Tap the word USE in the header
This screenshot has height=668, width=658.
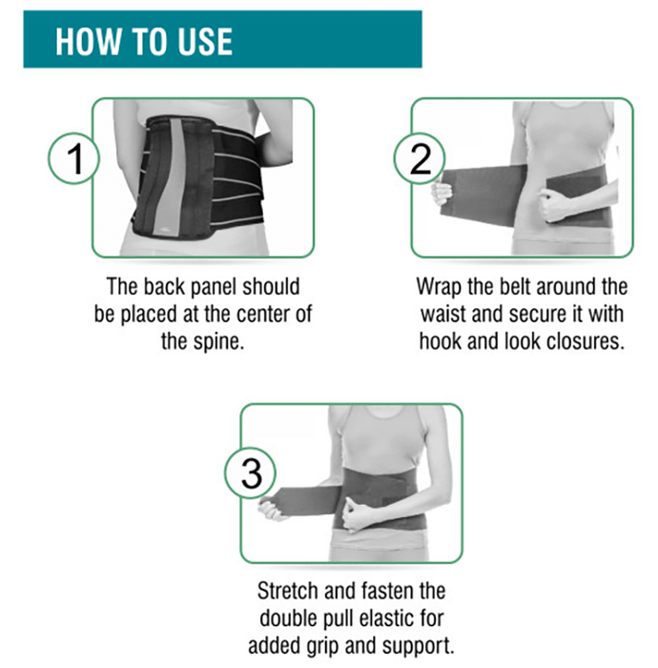click(205, 41)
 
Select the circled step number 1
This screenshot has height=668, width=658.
click(73, 158)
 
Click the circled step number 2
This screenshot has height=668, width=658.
click(420, 158)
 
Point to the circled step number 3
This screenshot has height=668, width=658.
click(250, 473)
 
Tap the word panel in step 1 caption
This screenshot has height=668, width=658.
click(214, 287)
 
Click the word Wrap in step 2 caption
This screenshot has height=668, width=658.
click(439, 287)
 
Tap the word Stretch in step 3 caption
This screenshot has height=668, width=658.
click(288, 591)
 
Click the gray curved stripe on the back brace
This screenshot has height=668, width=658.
click(172, 179)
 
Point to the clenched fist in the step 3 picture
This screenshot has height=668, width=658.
click(358, 514)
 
